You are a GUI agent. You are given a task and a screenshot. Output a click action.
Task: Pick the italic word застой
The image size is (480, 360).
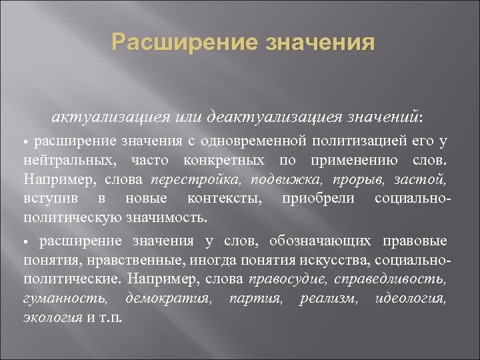click(420, 179)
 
